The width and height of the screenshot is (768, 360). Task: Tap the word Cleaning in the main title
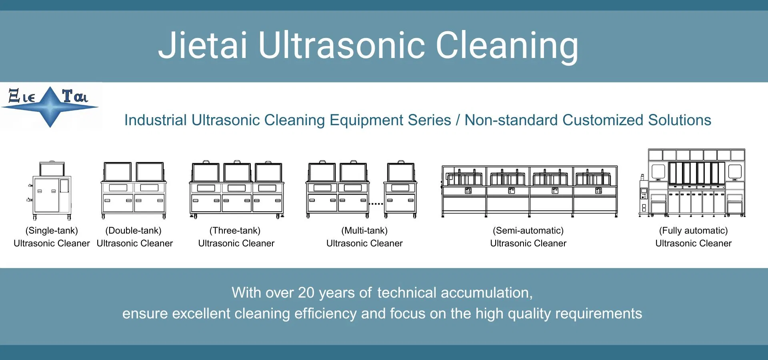pyautogui.click(x=507, y=46)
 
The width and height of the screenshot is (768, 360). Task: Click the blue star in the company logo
pyautogui.click(x=50, y=107)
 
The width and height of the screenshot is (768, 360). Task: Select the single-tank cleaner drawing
pyautogui.click(x=51, y=191)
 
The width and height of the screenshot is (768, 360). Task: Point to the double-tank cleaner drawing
pyautogui.click(x=134, y=190)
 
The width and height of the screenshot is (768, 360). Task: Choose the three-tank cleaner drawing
pyautogui.click(x=237, y=190)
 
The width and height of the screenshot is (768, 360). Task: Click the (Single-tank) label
pyautogui.click(x=52, y=230)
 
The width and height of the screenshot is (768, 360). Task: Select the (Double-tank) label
pyautogui.click(x=133, y=230)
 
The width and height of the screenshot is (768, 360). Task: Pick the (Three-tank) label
pyautogui.click(x=235, y=230)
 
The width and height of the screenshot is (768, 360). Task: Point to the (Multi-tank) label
pyautogui.click(x=364, y=230)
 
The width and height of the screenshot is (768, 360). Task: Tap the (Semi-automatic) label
pyautogui.click(x=528, y=230)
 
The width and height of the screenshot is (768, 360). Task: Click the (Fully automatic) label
pyautogui.click(x=693, y=230)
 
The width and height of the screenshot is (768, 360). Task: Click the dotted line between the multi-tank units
pyautogui.click(x=376, y=204)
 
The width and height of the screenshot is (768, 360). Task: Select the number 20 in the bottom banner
pyautogui.click(x=306, y=293)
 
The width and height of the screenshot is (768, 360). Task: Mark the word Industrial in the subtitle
pyautogui.click(x=156, y=120)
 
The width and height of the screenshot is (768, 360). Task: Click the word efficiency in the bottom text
pyautogui.click(x=326, y=314)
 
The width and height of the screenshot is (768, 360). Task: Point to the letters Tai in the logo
pyautogui.click(x=75, y=96)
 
